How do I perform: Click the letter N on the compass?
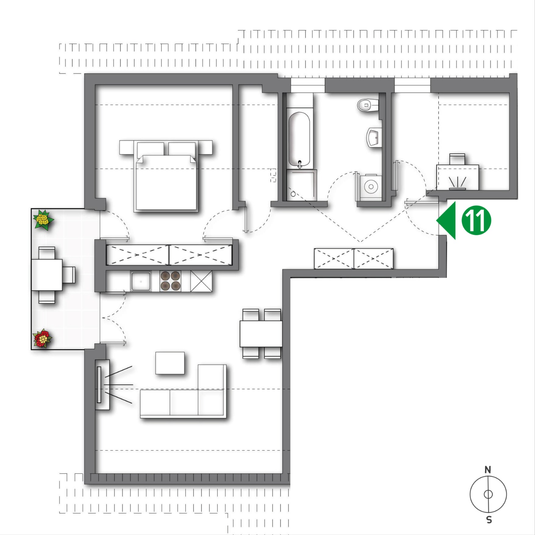pos(488,470)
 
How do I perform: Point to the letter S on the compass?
pos(489,519)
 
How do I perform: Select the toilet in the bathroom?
pos(368,105)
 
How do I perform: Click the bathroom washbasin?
pos(374,138)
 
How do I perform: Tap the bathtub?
pos(299,139)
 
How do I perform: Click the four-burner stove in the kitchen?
pos(170,281)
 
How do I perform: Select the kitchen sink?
pos(141,281)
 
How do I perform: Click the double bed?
pos(166,176)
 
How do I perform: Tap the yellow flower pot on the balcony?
pos(43,219)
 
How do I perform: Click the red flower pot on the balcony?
pos(43,338)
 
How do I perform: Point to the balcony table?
pos(47,275)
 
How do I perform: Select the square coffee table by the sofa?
pos(170,363)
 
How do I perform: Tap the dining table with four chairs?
pos(261,334)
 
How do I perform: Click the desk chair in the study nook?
pos(457,159)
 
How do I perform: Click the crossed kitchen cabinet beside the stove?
pos(201,281)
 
